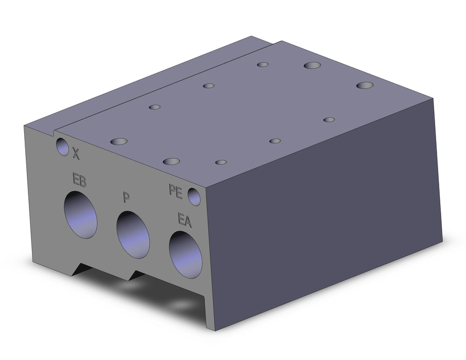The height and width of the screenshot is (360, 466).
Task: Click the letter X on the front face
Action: click(76, 154)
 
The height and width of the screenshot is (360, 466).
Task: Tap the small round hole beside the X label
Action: click(62, 147)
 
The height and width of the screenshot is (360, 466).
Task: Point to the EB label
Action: click(79, 179)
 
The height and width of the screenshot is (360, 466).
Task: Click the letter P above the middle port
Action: click(127, 197)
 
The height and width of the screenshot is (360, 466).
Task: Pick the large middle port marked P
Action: click(133, 235)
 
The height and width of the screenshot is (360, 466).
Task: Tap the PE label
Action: click(175, 191)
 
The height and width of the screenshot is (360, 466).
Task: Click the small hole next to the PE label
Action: click(194, 197)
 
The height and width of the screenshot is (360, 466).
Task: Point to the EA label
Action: click(185, 220)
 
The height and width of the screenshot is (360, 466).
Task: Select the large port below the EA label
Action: click(186, 255)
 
